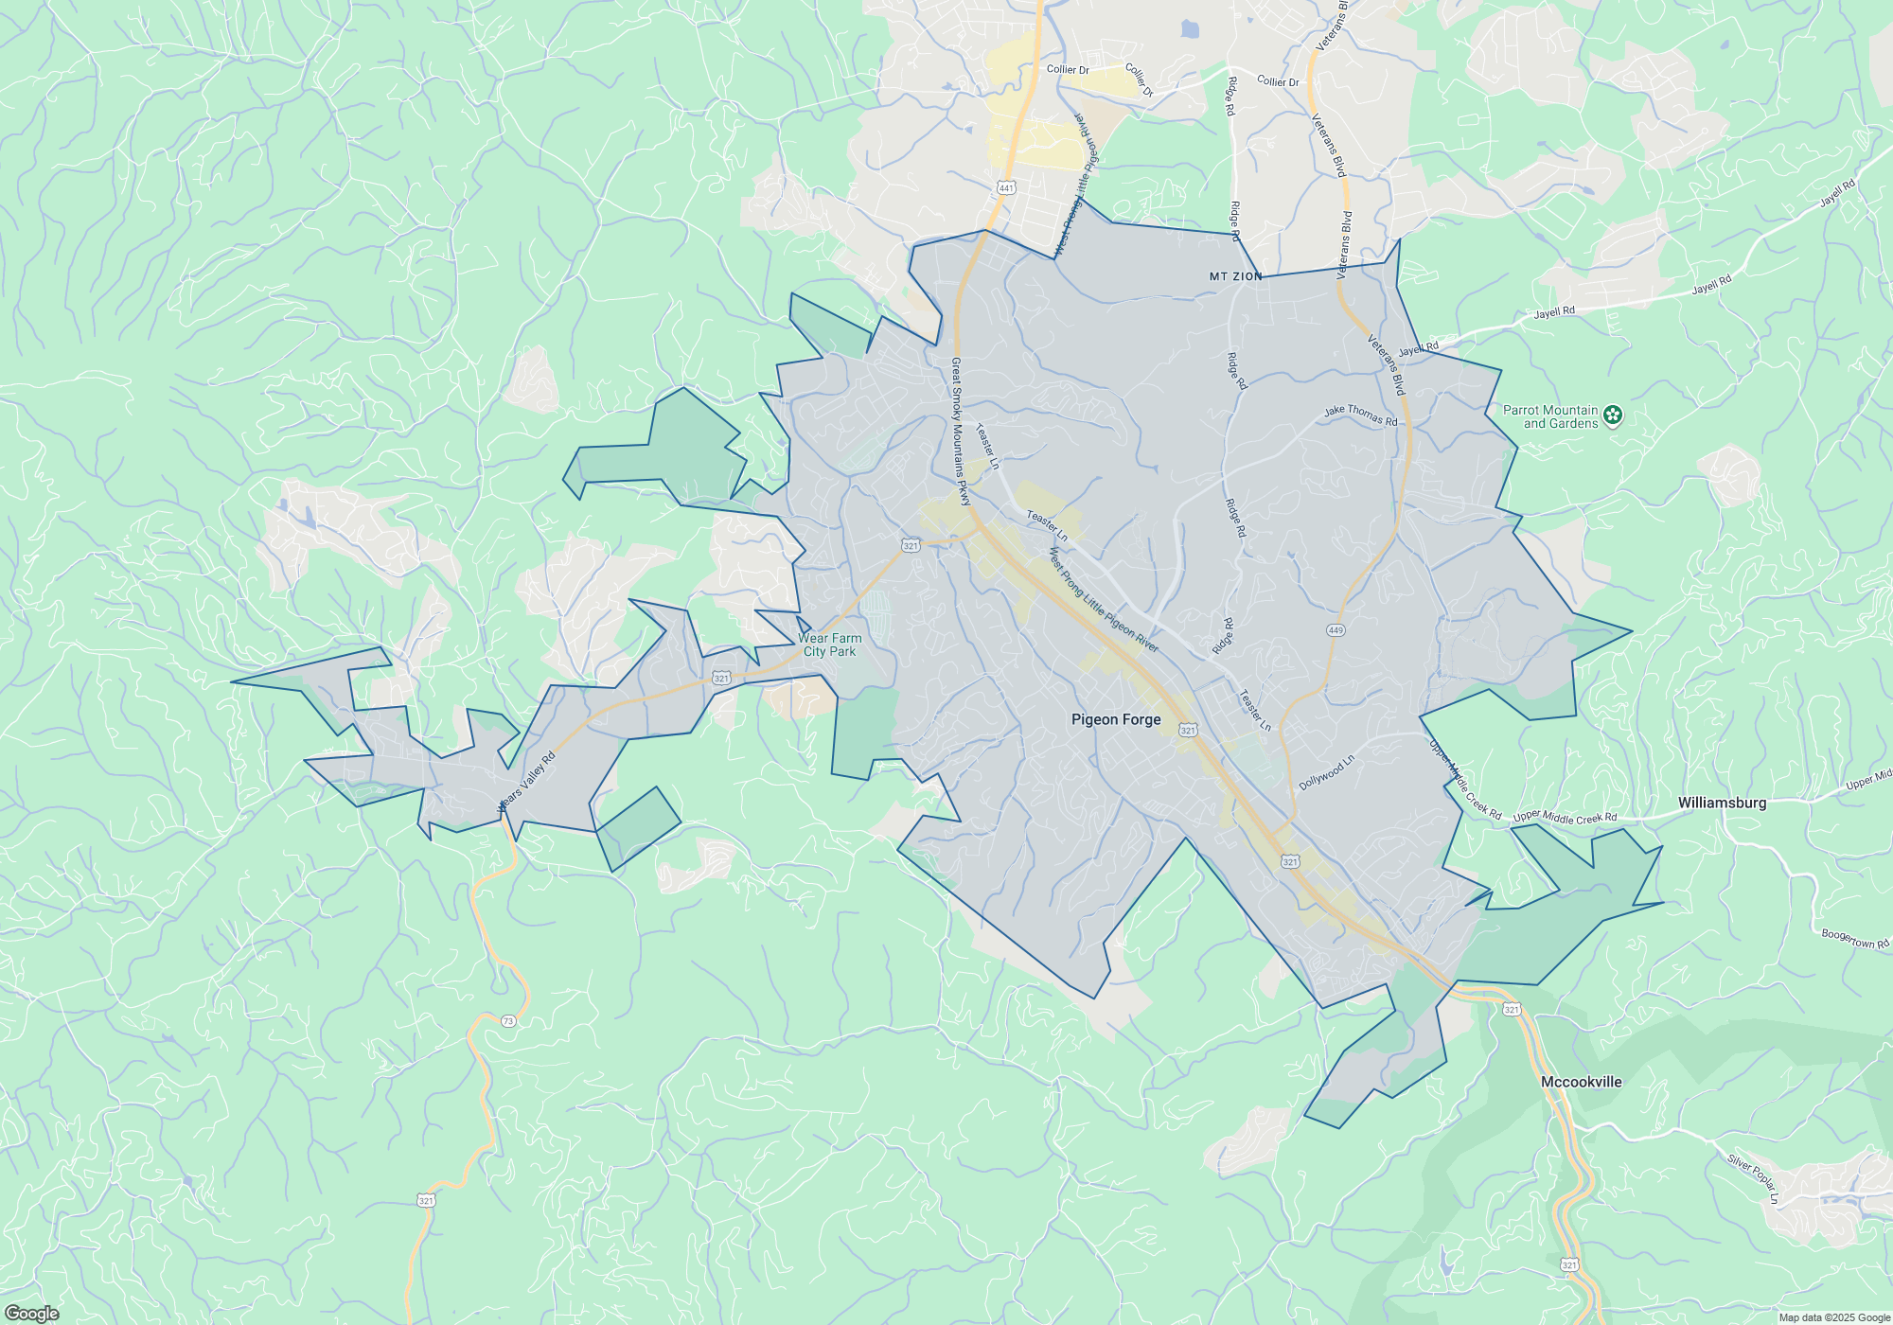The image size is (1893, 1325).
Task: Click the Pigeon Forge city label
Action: tap(1116, 719)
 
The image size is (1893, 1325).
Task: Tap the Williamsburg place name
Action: tap(1722, 803)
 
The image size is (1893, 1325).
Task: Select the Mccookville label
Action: tap(1581, 1082)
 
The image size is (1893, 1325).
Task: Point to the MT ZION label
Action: tap(1235, 276)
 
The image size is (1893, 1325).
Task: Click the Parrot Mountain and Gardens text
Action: tap(1550, 416)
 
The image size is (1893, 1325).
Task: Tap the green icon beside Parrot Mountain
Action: tap(1613, 415)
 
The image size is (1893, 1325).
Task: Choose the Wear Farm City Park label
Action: tap(829, 645)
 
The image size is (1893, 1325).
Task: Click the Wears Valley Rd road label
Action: tap(526, 782)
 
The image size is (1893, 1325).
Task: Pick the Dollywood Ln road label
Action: tap(1326, 772)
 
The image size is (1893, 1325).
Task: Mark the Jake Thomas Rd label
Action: tap(1360, 415)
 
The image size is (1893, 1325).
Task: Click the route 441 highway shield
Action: tap(1006, 188)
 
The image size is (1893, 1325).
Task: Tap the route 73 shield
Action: tap(509, 1021)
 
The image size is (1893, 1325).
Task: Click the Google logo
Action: tap(31, 1314)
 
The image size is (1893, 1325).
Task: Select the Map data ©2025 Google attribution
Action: tap(1834, 1317)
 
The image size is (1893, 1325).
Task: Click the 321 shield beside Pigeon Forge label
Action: tap(1189, 730)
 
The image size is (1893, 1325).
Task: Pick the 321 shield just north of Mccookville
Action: tap(1512, 1010)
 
